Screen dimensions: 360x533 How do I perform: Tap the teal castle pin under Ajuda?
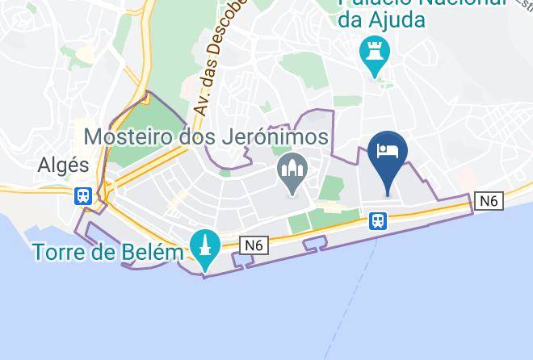(375, 52)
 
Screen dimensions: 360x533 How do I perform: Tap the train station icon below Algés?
(82, 196)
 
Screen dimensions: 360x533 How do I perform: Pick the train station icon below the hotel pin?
(377, 220)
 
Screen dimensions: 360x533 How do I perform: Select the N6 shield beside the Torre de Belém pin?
(254, 245)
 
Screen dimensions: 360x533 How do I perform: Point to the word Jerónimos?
(277, 137)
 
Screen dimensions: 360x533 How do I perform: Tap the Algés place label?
(63, 166)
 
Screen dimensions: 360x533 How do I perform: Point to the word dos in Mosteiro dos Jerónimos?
(205, 137)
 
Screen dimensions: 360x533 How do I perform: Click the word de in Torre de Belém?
(110, 253)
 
